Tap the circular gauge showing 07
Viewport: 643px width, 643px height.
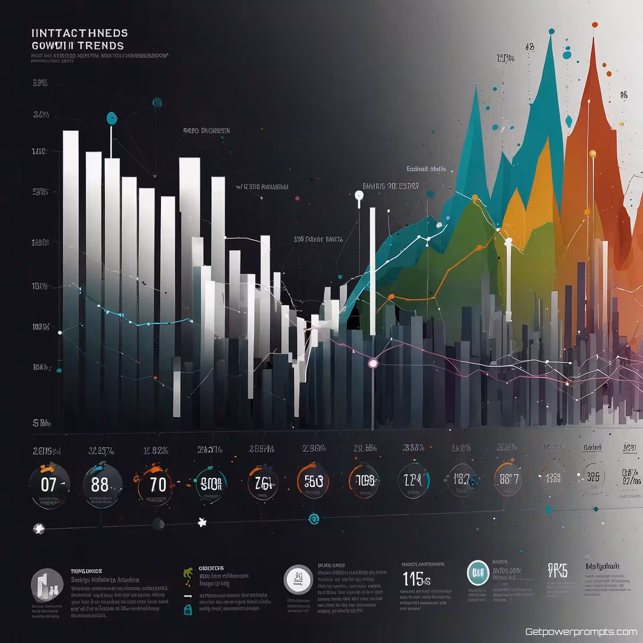(49, 485)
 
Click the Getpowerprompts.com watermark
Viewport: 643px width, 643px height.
(581, 632)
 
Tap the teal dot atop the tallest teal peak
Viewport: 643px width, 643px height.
(551, 31)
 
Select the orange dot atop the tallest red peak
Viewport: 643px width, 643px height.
(595, 24)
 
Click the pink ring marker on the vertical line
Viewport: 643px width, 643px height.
(373, 363)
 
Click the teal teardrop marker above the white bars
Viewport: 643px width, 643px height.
(112, 118)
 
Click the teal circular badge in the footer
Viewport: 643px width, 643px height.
(478, 573)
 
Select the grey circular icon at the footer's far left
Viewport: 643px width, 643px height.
(47, 585)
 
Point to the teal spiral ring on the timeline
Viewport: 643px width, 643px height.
(313, 519)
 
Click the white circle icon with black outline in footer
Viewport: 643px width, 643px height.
(298, 580)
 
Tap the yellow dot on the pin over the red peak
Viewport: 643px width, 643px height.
(593, 154)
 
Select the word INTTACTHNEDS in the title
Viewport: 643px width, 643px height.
(79, 33)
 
